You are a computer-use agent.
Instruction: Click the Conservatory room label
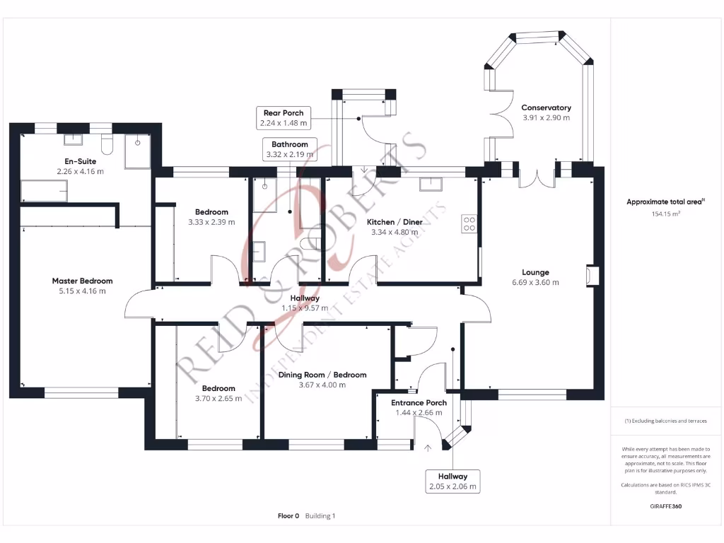pos(547,107)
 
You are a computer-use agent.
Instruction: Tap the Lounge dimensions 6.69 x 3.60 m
pos(535,283)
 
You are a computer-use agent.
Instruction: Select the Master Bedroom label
pos(82,281)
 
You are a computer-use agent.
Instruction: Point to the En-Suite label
pos(81,161)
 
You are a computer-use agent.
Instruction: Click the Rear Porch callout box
pos(284,118)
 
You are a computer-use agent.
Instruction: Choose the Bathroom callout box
pos(290,149)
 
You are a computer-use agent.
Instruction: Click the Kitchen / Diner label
pos(395,222)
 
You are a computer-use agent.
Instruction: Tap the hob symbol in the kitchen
pos(469,224)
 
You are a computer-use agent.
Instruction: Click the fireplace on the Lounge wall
pos(592,276)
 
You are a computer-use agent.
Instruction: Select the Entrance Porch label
pos(419,402)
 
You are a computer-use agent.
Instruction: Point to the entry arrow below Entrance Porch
pos(428,448)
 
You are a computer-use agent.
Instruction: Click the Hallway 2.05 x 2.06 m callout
pos(452,481)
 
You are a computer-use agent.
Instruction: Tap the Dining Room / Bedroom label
pos(322,375)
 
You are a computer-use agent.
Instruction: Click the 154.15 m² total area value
pos(666,214)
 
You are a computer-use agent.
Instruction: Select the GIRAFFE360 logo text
pos(666,506)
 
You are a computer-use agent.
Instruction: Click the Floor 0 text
pos(288,515)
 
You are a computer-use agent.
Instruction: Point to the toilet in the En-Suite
pos(107,144)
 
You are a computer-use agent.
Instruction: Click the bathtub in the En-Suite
pos(45,191)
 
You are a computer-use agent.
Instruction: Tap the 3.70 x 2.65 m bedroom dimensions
pos(218,399)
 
